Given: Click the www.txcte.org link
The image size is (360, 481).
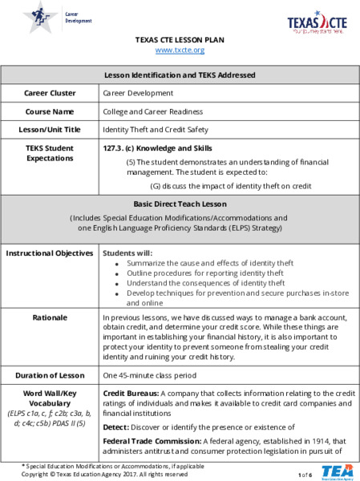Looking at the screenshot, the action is tap(180, 50).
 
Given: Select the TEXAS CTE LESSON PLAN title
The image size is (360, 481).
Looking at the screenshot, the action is tap(180, 39).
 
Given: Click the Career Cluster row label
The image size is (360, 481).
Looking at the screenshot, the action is tap(51, 93).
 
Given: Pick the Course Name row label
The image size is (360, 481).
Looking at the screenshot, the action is tap(51, 111).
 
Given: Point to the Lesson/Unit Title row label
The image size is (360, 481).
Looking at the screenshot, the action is tap(51, 129).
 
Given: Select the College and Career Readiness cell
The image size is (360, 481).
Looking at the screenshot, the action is tap(152, 111).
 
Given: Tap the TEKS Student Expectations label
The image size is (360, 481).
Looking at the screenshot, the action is tap(51, 153).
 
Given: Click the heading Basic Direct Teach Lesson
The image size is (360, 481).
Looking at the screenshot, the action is tap(180, 204).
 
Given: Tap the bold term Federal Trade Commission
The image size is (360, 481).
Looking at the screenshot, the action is tap(152, 441).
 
